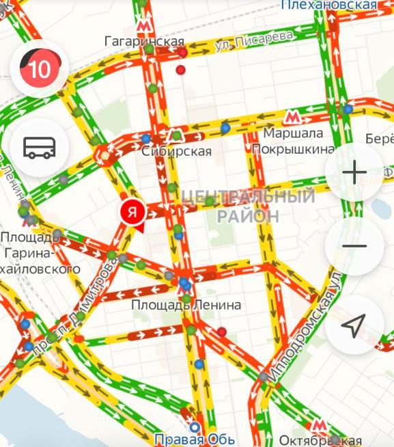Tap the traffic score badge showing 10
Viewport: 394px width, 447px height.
click(x=40, y=68)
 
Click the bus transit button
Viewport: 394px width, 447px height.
click(x=40, y=147)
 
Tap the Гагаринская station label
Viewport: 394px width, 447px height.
click(x=145, y=42)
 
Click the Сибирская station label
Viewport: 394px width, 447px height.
click(x=177, y=151)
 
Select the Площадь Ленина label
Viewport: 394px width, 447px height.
click(x=186, y=305)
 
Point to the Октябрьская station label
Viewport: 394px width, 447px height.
click(x=320, y=440)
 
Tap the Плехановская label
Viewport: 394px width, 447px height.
click(x=328, y=5)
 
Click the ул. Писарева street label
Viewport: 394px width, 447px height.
click(x=253, y=40)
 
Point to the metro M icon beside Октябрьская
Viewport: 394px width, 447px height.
click(x=318, y=425)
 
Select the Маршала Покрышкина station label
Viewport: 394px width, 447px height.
click(x=292, y=141)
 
